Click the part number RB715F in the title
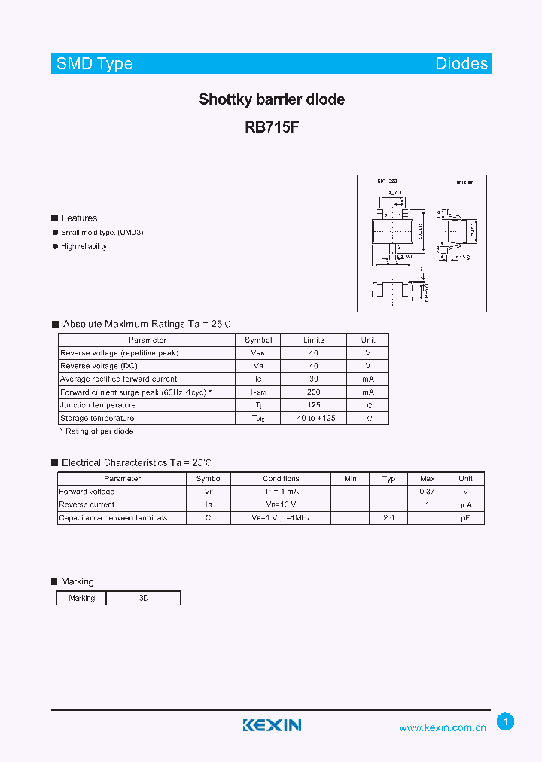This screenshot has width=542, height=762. pyautogui.click(x=272, y=127)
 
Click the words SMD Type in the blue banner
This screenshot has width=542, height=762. pyautogui.click(x=95, y=64)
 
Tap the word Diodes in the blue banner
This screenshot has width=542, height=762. pyautogui.click(x=461, y=64)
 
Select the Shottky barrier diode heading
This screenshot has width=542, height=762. pyautogui.click(x=272, y=99)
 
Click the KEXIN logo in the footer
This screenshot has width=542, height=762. pyautogui.click(x=272, y=725)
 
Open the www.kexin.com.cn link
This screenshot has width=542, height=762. pyautogui.click(x=443, y=727)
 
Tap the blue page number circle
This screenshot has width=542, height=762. pyautogui.click(x=506, y=722)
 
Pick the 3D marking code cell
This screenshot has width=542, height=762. pyautogui.click(x=144, y=598)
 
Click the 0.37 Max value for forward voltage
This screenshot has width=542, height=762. pyautogui.click(x=427, y=492)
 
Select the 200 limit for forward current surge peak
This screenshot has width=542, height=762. pyautogui.click(x=314, y=392)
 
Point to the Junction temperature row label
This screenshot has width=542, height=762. pyautogui.click(x=98, y=405)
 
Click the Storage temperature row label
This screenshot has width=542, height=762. pyautogui.click(x=97, y=418)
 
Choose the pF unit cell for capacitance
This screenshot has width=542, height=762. pyautogui.click(x=465, y=518)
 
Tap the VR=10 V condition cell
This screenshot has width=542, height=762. pyautogui.click(x=281, y=505)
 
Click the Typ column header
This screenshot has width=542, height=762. pyautogui.click(x=388, y=479)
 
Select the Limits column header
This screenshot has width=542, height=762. pyautogui.click(x=314, y=340)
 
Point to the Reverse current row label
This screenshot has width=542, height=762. pyautogui.click(x=87, y=505)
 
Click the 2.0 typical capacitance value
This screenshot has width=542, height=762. pyautogui.click(x=388, y=518)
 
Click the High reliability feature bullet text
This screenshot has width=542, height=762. pyautogui.click(x=85, y=246)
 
